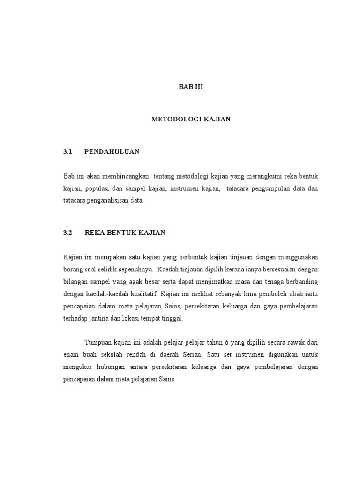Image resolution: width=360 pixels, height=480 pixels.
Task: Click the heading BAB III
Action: [190, 87]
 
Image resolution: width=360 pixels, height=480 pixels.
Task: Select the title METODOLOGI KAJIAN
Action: [190, 120]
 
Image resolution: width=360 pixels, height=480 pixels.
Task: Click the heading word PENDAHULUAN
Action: [112, 152]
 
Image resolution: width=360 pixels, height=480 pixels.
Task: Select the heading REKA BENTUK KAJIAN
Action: [125, 232]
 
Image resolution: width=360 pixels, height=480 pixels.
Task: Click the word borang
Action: [74, 270]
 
